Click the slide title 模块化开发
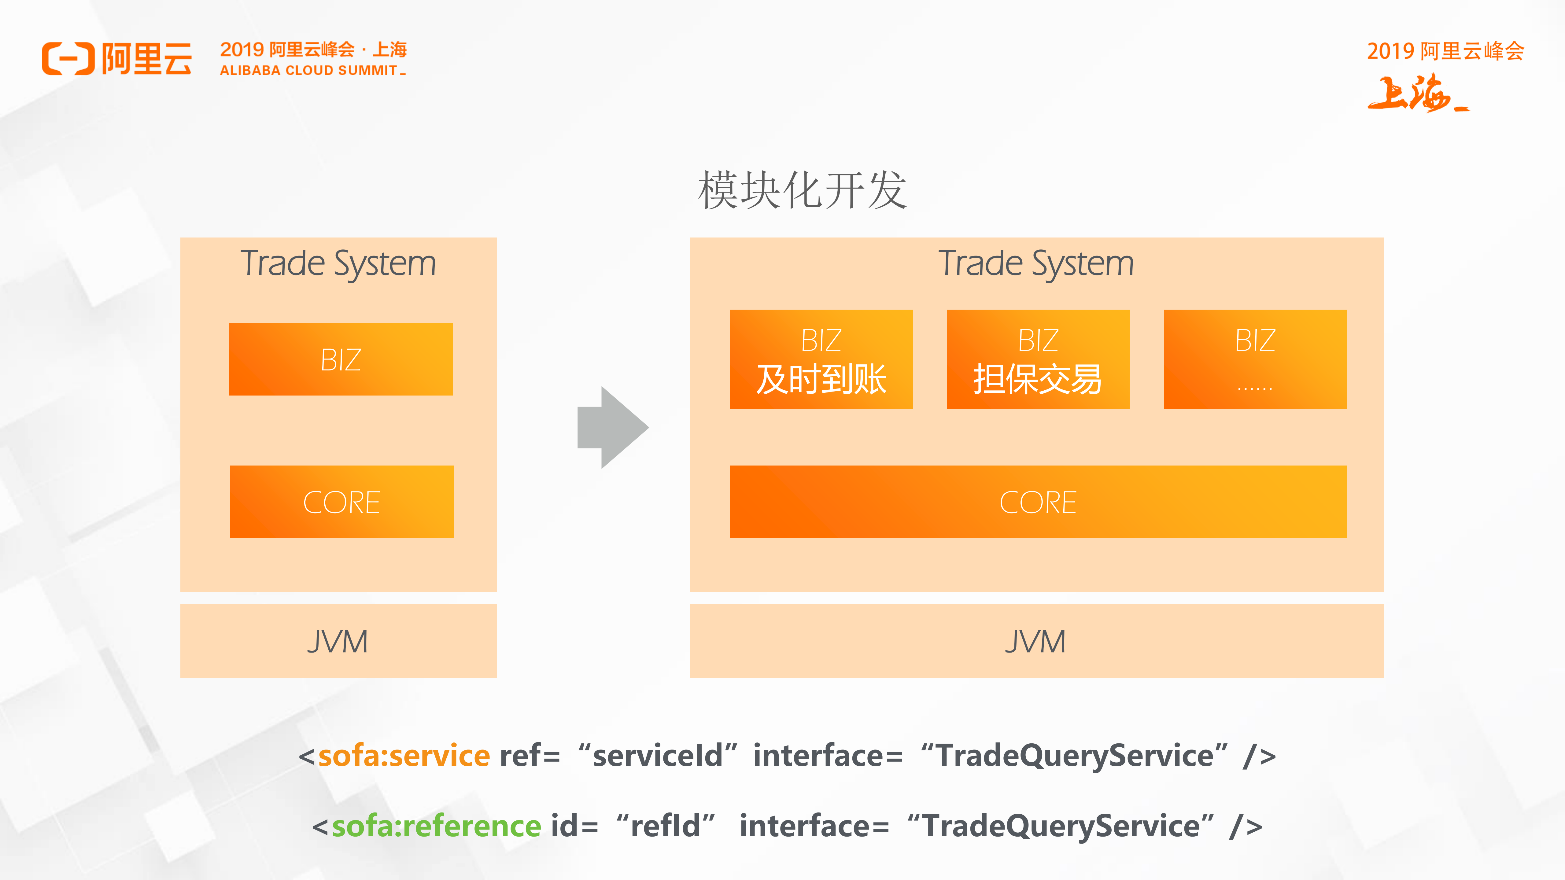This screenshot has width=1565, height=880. point(802,190)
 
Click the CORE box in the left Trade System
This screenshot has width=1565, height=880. point(341,502)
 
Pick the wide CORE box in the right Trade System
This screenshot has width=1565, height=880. point(1038,502)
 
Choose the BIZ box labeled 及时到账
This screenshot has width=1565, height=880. point(821,359)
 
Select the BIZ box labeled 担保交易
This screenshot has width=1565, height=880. point(1038,359)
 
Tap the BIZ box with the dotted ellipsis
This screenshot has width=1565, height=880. point(1255,359)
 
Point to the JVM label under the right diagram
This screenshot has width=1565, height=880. point(1036,641)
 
